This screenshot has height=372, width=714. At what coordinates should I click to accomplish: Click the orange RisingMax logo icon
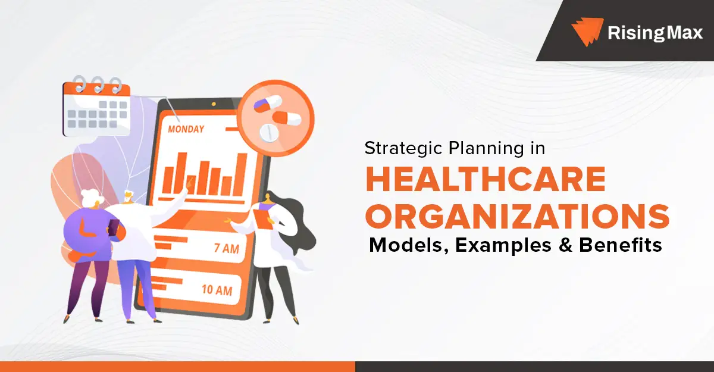coord(587,31)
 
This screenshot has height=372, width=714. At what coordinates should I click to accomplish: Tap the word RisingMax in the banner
coord(655,33)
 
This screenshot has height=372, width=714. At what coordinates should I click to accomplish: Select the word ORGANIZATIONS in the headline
coord(517,217)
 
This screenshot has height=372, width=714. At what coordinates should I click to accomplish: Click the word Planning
coord(486,149)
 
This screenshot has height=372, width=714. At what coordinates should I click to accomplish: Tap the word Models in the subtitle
coord(409,245)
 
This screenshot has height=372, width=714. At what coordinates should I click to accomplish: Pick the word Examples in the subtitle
coord(503,246)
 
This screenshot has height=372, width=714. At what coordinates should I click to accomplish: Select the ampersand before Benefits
coord(565,245)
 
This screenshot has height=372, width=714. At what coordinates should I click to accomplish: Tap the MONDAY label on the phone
coord(186,129)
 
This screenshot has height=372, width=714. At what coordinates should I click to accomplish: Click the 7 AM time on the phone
coord(227,248)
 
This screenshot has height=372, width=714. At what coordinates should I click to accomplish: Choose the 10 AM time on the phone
coord(217,290)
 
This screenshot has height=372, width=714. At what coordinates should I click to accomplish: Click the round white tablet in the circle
coord(268,133)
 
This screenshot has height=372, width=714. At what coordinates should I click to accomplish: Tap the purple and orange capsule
coord(267,104)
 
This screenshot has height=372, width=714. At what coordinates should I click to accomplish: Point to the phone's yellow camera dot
coord(214,104)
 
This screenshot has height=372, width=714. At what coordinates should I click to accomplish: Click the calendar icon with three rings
coord(96,107)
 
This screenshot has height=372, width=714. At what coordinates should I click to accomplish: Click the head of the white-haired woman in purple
coord(92,198)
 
